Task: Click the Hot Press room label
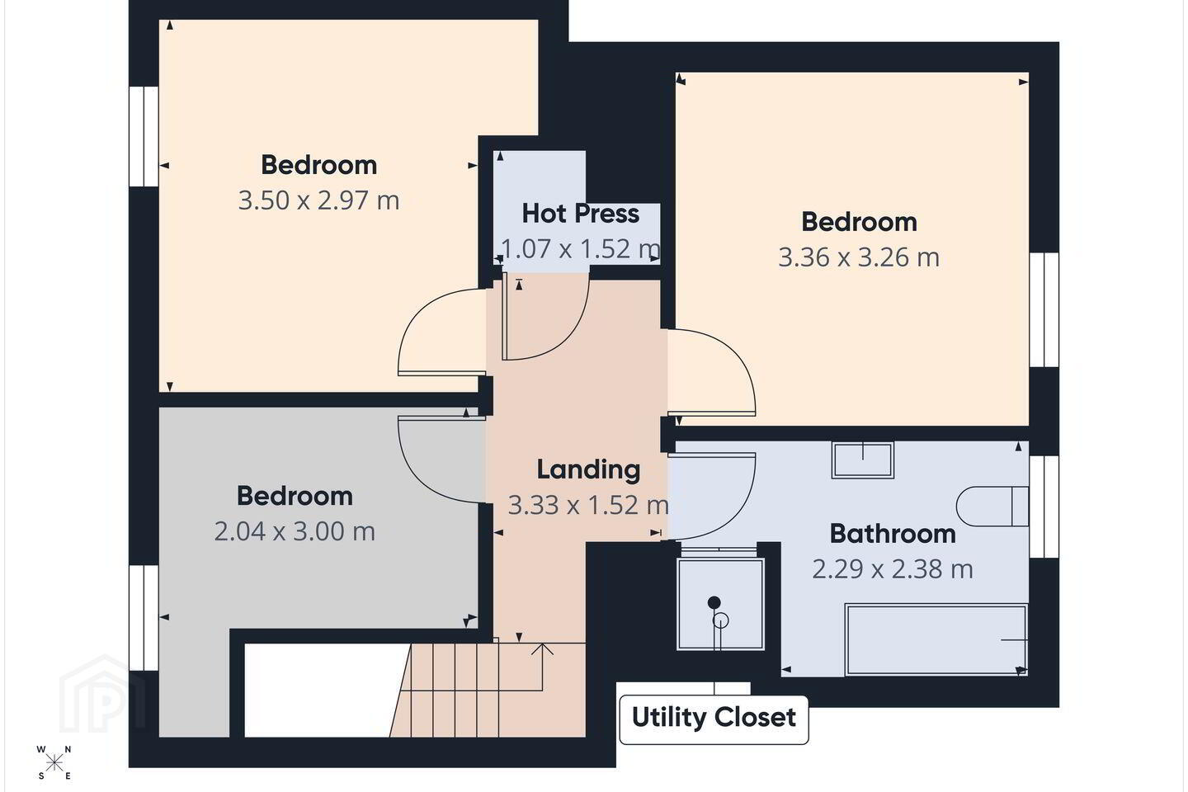click(x=580, y=214)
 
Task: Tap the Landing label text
click(x=588, y=470)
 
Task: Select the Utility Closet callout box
click(x=714, y=720)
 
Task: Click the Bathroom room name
click(x=893, y=534)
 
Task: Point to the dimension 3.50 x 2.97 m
click(x=318, y=200)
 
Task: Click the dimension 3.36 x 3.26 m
click(x=859, y=257)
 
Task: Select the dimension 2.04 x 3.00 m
click(x=295, y=531)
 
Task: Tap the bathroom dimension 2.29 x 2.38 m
click(x=893, y=569)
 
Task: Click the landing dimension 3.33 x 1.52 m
click(x=588, y=505)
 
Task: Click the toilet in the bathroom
click(x=992, y=506)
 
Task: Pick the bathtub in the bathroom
click(x=936, y=639)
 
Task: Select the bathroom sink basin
click(x=863, y=460)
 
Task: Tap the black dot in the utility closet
click(x=714, y=602)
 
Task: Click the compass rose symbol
click(x=54, y=763)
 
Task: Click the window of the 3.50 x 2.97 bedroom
click(x=144, y=136)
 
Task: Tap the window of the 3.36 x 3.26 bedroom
click(x=1044, y=310)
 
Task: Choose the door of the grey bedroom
click(x=442, y=460)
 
